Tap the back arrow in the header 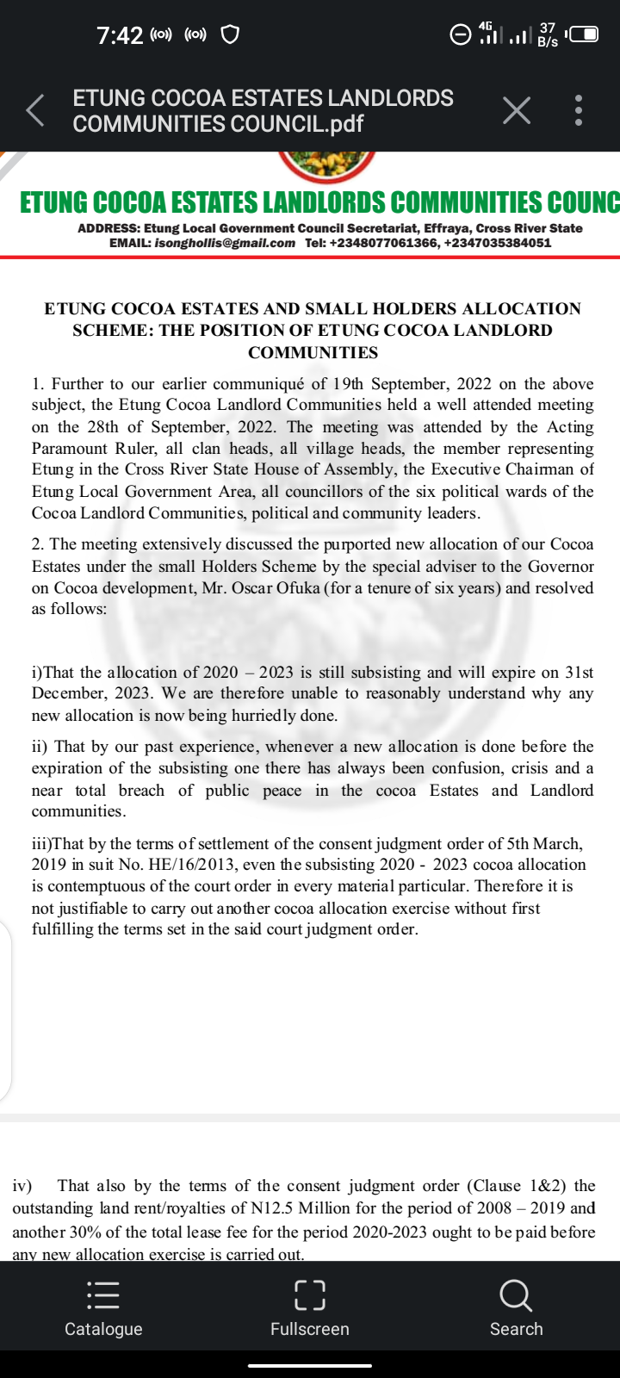35,111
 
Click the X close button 516,110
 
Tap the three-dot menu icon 579,110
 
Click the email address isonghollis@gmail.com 225,243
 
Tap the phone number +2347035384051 498,243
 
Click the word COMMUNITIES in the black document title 313,352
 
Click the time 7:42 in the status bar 120,35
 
